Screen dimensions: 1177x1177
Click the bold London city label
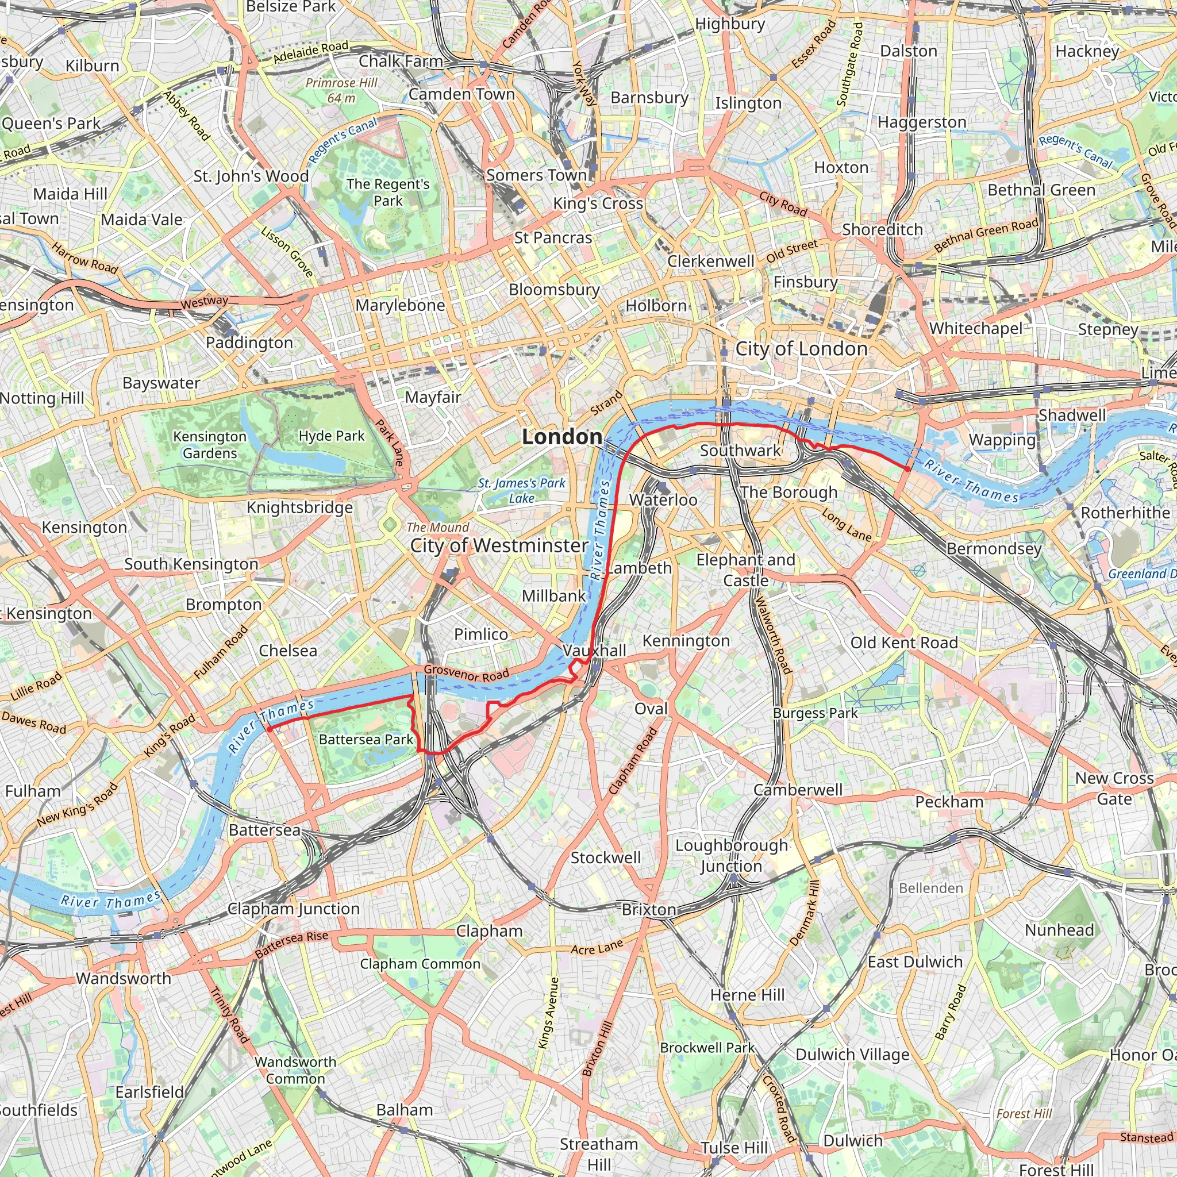click(x=561, y=437)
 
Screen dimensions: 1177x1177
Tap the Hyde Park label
click(x=332, y=436)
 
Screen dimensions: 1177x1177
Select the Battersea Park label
click(x=366, y=740)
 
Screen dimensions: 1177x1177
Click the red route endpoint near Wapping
click(x=907, y=469)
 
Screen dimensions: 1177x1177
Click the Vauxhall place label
click(x=594, y=651)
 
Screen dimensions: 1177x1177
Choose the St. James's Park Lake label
click(x=521, y=490)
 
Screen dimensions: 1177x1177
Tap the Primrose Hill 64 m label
click(x=341, y=90)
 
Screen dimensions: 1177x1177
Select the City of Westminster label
click(x=499, y=545)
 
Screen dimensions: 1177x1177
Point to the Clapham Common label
click(x=420, y=964)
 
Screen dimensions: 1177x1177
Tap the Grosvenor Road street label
click(x=466, y=673)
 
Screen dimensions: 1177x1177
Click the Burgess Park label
click(x=815, y=713)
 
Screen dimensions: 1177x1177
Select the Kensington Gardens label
click(x=210, y=445)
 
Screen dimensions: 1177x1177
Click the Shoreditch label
click(x=882, y=230)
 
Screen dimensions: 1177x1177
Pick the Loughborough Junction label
click(x=731, y=856)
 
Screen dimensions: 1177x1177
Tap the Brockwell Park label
click(x=707, y=1048)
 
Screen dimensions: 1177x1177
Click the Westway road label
click(x=204, y=301)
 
